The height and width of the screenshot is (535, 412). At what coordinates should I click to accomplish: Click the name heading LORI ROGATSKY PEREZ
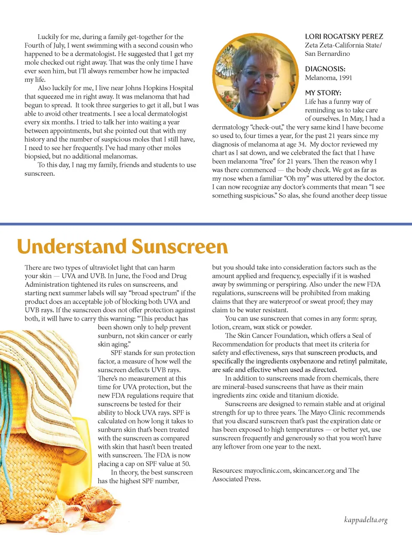click(344, 36)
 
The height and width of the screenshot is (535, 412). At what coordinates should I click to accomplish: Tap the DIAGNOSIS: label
click(325, 69)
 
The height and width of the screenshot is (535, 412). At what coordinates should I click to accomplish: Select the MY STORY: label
click(323, 93)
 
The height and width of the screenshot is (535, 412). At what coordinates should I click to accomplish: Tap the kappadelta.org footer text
click(366, 520)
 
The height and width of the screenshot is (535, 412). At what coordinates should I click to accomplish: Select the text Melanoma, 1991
click(328, 78)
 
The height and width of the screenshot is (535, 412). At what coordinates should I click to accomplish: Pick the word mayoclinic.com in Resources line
click(267, 471)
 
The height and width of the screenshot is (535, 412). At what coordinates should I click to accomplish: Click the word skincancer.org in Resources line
click(313, 471)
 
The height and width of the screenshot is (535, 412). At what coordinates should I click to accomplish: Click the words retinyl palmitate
click(362, 361)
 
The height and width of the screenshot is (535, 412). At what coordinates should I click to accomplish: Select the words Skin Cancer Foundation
click(273, 336)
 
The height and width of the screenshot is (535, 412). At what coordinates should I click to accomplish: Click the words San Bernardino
click(327, 54)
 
